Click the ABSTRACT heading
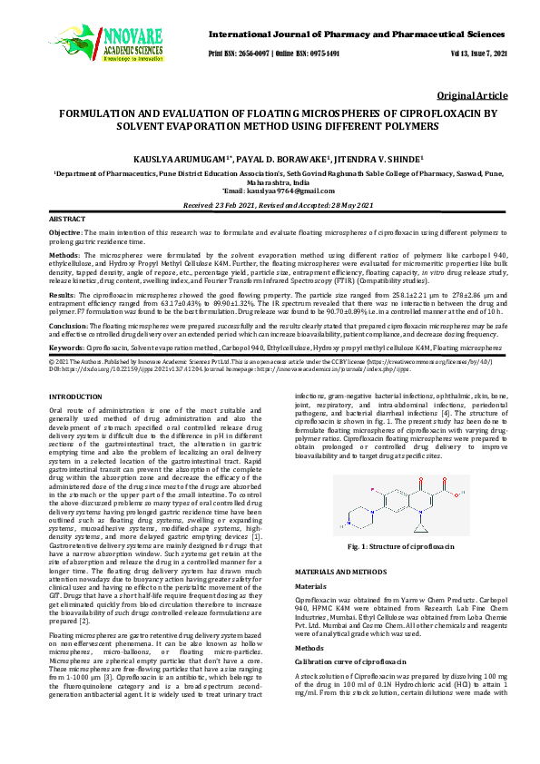click(67, 220)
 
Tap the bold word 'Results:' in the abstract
click(64, 295)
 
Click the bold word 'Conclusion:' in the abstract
click(69, 324)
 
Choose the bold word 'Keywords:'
click(67, 348)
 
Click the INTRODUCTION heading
click(76, 397)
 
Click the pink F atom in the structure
click(374, 490)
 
